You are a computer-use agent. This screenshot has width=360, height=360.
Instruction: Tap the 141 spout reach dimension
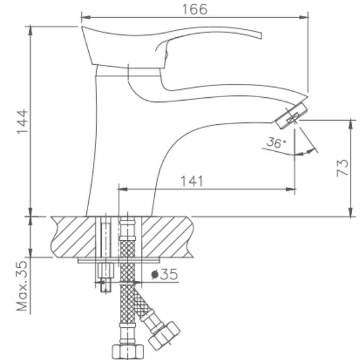click(192, 181)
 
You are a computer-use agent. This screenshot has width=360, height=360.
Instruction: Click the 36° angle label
click(275, 144)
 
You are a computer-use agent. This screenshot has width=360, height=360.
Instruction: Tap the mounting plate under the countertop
click(119, 260)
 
